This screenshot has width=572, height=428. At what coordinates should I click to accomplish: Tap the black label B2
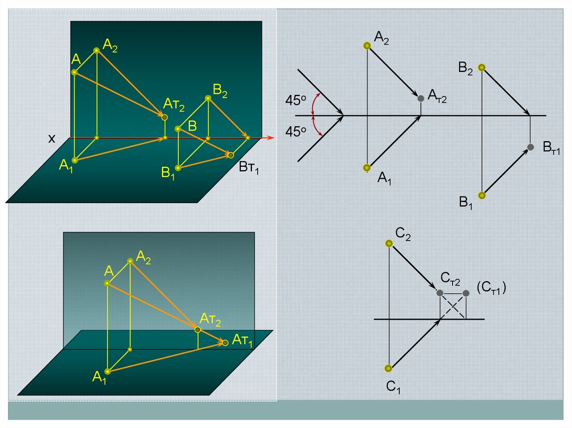coord(466,69)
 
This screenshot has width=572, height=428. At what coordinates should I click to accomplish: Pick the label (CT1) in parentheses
coord(492,287)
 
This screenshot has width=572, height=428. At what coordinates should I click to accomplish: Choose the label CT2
coord(450,278)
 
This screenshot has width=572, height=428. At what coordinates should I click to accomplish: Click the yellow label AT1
coord(242,340)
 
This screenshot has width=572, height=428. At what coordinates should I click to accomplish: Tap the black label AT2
coord(437,96)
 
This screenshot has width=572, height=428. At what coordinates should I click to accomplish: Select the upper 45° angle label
coord(296,102)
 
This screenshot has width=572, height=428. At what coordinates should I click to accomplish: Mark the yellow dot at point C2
coord(389,243)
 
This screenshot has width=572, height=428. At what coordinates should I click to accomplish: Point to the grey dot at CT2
coord(440,293)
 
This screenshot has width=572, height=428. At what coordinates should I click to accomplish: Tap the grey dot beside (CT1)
coord(466,293)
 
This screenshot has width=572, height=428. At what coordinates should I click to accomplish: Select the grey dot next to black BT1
coord(531,147)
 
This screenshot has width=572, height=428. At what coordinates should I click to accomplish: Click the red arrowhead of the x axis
coord(271,137)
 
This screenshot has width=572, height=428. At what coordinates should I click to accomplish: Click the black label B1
coord(466,203)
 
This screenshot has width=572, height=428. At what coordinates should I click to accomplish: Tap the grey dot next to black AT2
coord(421,98)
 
